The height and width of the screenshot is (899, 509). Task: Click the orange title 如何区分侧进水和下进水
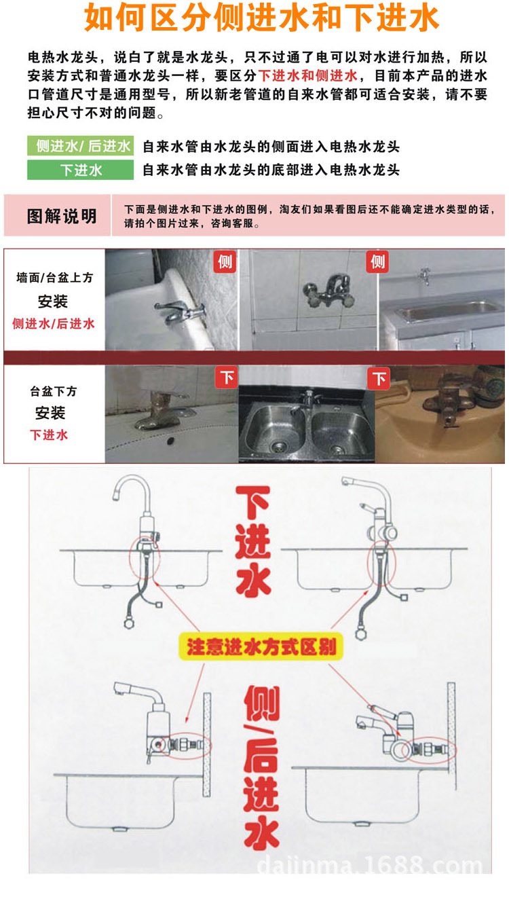pyautogui.click(x=261, y=19)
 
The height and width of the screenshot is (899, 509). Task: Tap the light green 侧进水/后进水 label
pyautogui.click(x=80, y=146)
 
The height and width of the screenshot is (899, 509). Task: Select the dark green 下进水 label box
pyautogui.click(x=80, y=170)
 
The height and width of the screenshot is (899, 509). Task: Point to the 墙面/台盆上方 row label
pyautogui.click(x=54, y=278)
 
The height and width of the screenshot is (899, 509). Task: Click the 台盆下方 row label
pyautogui.click(x=54, y=392)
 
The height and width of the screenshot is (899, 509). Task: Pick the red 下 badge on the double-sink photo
pyautogui.click(x=379, y=378)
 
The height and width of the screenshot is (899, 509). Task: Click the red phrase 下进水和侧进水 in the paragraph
pyautogui.click(x=308, y=75)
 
